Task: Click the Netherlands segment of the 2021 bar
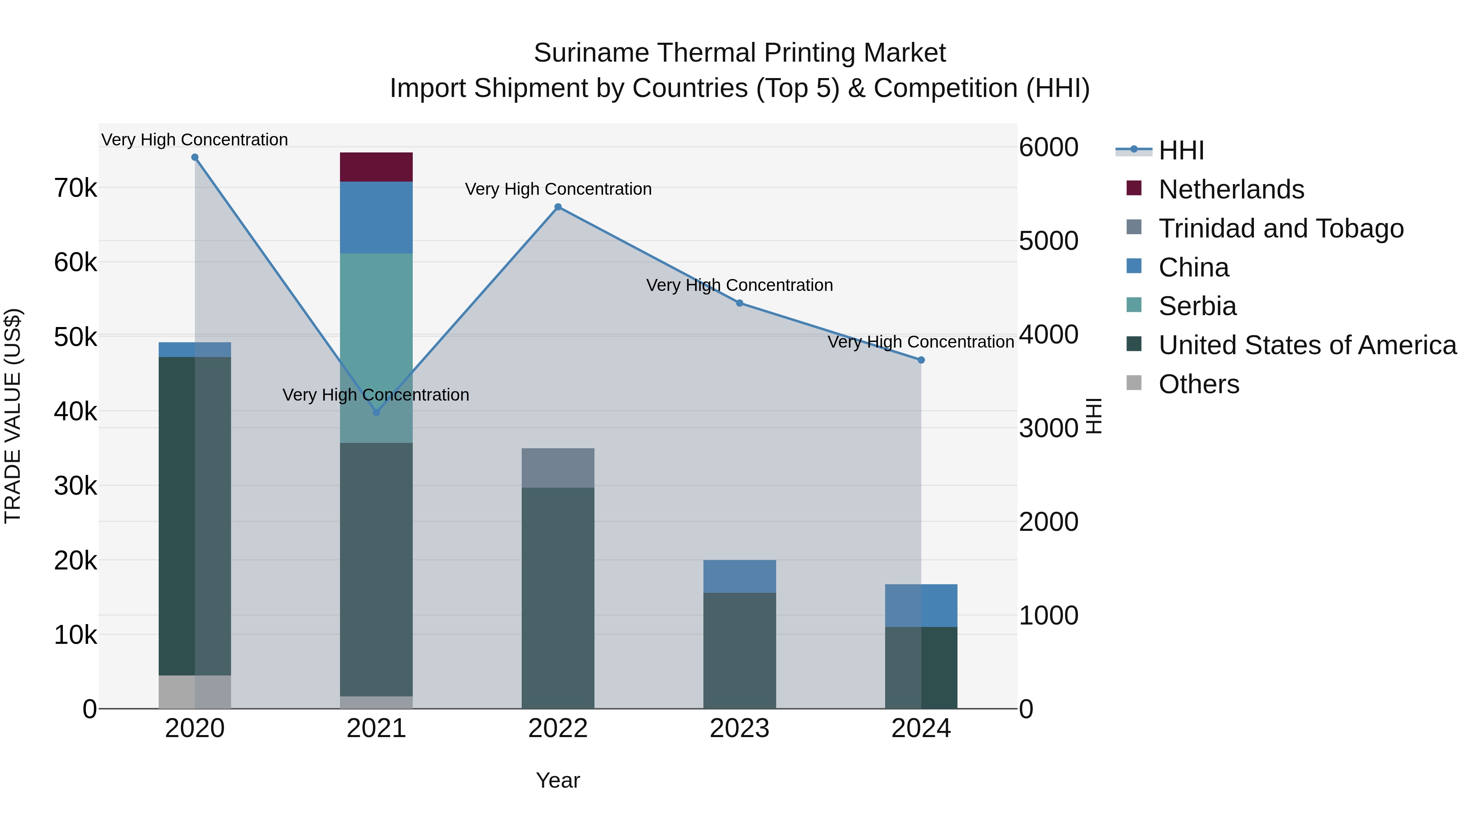(x=376, y=167)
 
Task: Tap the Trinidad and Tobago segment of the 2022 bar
(x=558, y=468)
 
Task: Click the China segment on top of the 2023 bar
(x=740, y=576)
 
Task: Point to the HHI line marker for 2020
(x=195, y=157)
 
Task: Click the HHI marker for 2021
(x=376, y=412)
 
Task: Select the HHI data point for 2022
(x=558, y=207)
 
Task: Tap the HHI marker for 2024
(x=921, y=360)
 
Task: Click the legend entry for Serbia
(x=1197, y=306)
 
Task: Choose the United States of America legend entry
(x=1307, y=345)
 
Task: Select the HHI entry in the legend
(x=1181, y=150)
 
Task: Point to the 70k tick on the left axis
(x=75, y=188)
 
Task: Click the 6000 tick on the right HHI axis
(x=1048, y=147)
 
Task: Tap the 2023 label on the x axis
(x=740, y=728)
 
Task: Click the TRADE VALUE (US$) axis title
(x=13, y=416)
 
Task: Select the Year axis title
(x=558, y=780)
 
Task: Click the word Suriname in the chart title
(x=591, y=53)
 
